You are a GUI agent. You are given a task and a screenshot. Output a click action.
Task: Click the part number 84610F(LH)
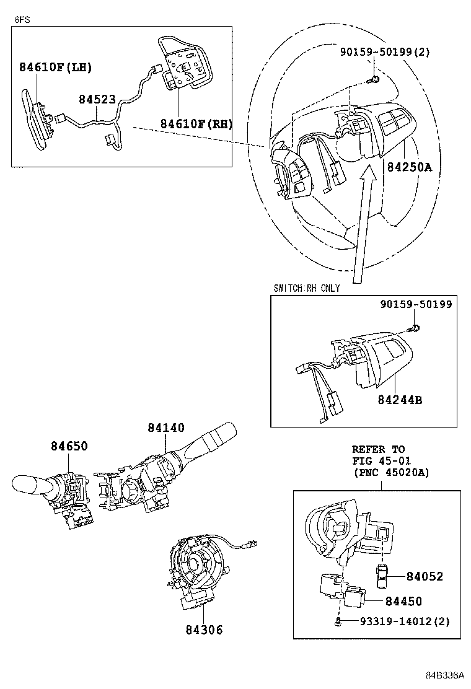click(x=55, y=68)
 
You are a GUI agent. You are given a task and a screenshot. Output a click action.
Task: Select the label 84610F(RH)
click(x=196, y=124)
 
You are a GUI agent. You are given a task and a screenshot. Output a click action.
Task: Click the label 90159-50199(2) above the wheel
click(x=384, y=52)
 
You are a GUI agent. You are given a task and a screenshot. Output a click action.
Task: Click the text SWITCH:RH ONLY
click(x=306, y=289)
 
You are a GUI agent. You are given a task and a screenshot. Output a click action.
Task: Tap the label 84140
click(x=166, y=428)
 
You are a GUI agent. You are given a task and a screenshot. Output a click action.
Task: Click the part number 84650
click(x=69, y=446)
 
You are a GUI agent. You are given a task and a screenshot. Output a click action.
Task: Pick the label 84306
click(x=203, y=630)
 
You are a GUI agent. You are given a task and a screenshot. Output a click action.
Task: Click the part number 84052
click(x=425, y=576)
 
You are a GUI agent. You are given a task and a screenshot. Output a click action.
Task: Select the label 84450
click(x=403, y=601)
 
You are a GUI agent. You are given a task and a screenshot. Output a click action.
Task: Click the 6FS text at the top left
click(x=22, y=19)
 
